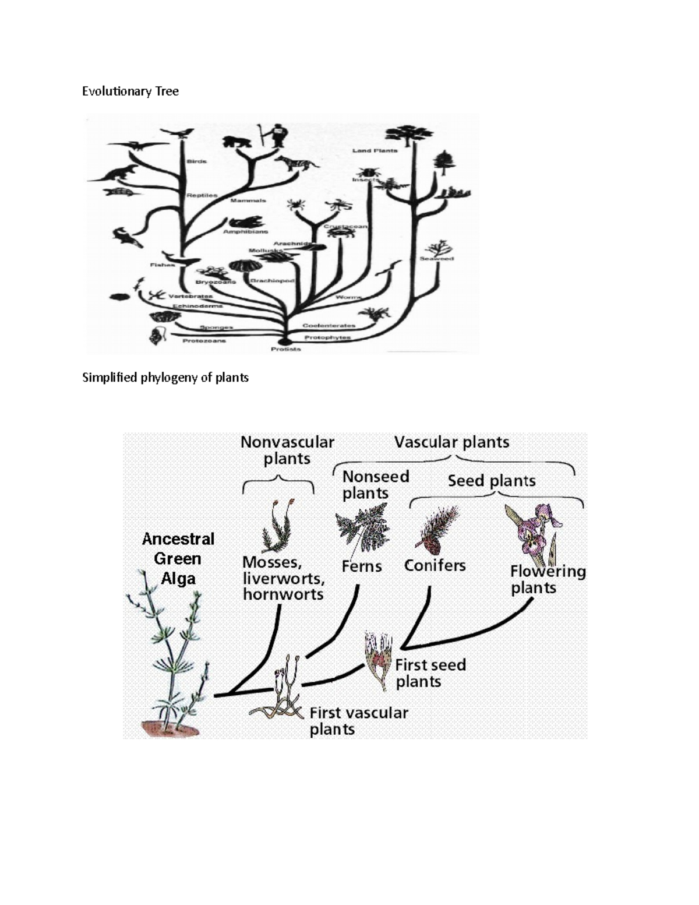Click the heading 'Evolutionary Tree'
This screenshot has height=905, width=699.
(x=130, y=91)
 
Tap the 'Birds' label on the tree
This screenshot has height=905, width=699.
(x=196, y=161)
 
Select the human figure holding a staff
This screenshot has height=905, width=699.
(x=276, y=136)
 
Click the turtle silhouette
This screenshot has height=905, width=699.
(x=122, y=191)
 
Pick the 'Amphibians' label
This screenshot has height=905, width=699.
(x=245, y=231)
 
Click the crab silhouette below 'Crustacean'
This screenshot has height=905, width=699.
(x=341, y=233)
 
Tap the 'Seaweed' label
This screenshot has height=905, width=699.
(x=436, y=258)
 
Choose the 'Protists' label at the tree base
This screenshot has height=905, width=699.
(x=286, y=349)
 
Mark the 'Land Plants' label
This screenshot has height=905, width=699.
(x=375, y=150)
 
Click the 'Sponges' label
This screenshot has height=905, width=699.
(x=216, y=328)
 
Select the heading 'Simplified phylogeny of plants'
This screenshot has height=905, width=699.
(x=165, y=378)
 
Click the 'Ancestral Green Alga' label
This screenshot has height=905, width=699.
(x=178, y=558)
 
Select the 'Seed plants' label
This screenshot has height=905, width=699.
(x=491, y=481)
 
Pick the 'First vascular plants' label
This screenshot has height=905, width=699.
(x=358, y=721)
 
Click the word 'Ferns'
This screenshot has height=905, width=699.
(x=361, y=566)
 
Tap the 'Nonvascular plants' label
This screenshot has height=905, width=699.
(x=287, y=450)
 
